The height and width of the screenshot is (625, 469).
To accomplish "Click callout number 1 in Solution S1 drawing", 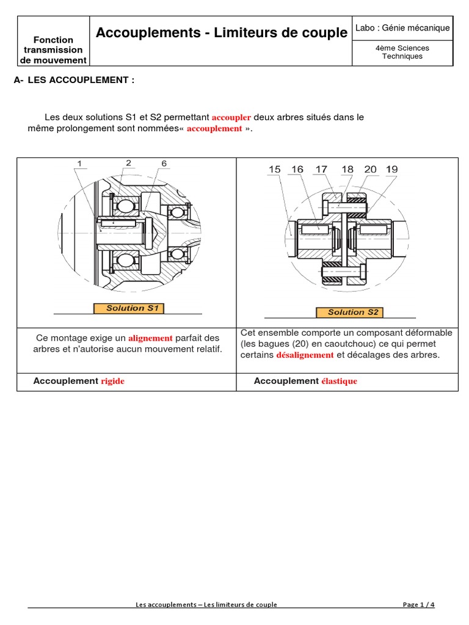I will (79, 164).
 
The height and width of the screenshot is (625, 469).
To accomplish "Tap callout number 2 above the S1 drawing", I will (128, 162).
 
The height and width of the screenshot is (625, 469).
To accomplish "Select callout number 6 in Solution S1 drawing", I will (164, 164).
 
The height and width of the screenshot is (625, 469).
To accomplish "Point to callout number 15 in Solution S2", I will (274, 169).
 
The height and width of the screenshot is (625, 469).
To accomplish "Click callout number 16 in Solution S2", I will (297, 169).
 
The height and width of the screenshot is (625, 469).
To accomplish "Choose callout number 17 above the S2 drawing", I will (321, 169).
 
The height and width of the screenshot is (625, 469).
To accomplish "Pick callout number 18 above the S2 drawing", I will (347, 169).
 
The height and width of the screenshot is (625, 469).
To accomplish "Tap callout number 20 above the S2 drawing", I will (370, 169).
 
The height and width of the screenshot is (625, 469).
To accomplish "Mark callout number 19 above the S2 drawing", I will (392, 169).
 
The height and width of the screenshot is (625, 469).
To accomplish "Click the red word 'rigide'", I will (112, 381).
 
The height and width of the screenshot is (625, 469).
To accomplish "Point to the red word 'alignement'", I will (150, 338).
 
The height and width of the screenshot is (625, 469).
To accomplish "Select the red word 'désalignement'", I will (305, 355).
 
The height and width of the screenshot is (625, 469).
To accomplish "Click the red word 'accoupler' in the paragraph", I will (231, 117).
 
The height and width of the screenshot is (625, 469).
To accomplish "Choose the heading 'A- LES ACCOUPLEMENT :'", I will (74, 80).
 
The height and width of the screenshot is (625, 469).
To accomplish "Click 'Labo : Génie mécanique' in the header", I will (402, 27).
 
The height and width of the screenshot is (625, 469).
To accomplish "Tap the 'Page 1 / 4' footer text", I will (419, 604).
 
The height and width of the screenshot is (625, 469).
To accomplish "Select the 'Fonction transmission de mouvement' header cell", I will (54, 49).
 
